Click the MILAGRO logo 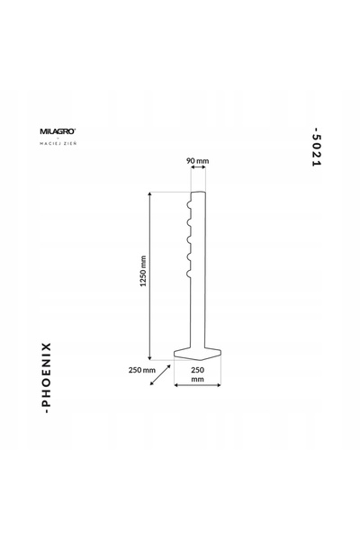click(58, 131)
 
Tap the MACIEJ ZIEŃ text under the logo click(58, 143)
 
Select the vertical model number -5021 click(316, 147)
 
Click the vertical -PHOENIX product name click(46, 378)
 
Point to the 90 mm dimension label click(198, 160)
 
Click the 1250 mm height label click(143, 271)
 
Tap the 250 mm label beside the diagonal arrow click(142, 370)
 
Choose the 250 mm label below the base click(197, 374)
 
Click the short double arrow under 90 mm click(198, 167)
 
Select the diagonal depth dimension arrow click(160, 375)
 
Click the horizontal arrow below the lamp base click(197, 385)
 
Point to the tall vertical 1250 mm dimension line click(149, 276)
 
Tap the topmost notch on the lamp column click(189, 205)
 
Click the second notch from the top click(189, 222)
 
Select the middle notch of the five click(189, 239)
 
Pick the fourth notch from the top click(189, 256)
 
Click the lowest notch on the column click(189, 274)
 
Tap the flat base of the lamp click(197, 354)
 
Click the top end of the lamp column click(198, 193)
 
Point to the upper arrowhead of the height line click(149, 194)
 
